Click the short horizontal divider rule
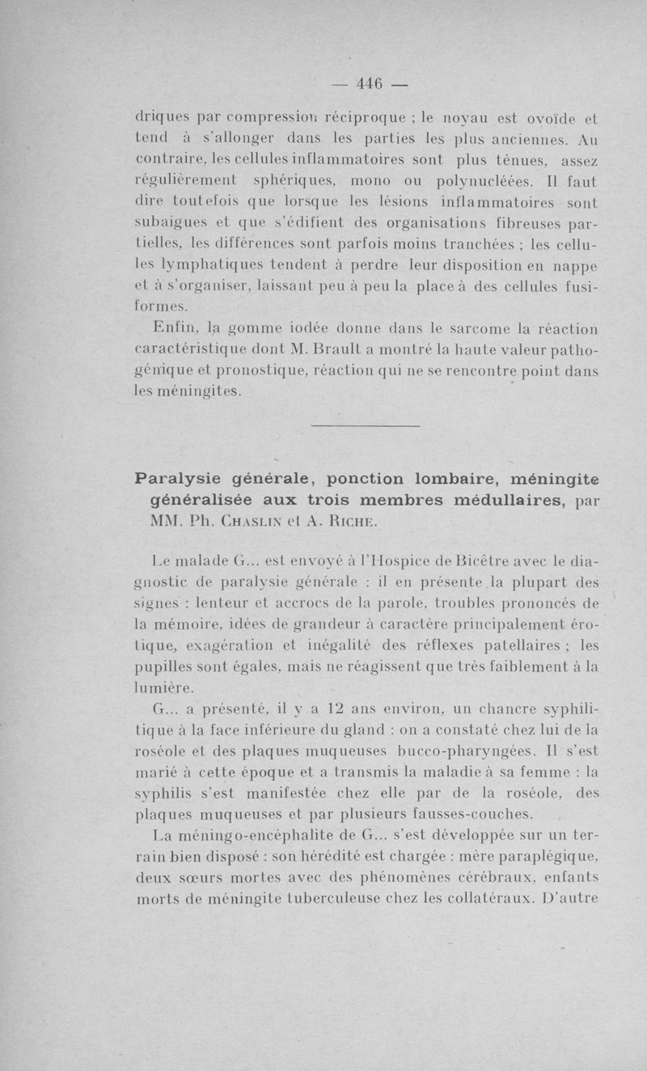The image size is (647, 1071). (366, 425)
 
